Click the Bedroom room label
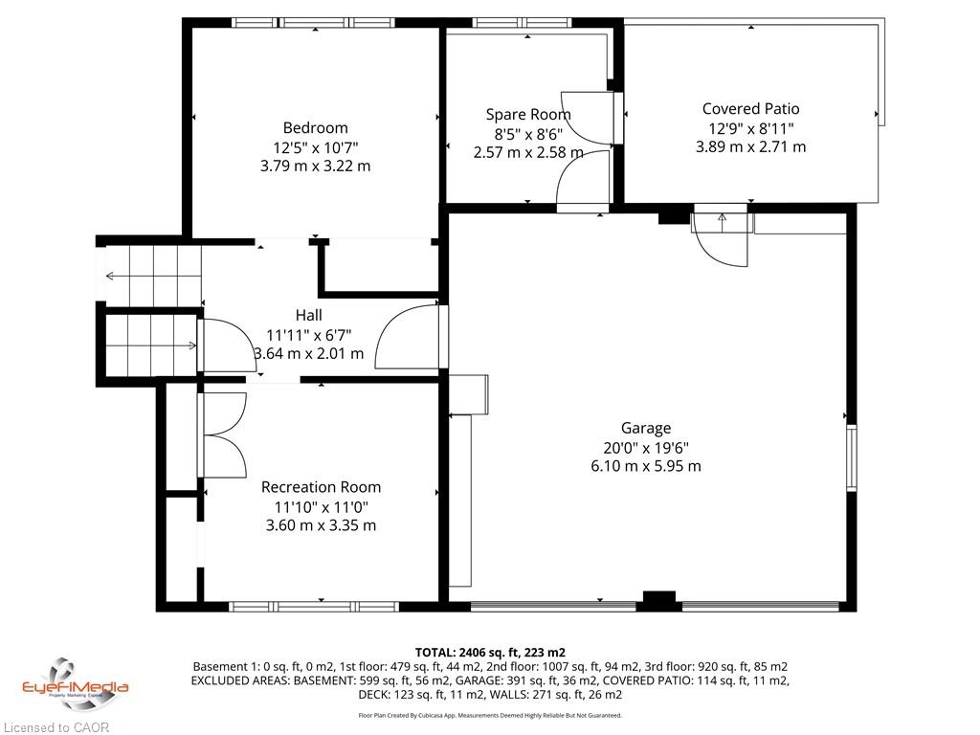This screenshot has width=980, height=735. click(x=315, y=128)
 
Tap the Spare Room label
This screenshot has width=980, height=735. click(x=528, y=115)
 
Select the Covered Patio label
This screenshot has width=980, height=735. click(x=750, y=109)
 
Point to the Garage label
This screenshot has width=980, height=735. click(x=646, y=428)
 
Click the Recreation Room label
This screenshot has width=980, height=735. click(x=321, y=487)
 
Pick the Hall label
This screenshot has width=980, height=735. click(x=309, y=315)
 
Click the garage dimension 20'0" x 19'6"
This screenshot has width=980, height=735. click(x=646, y=448)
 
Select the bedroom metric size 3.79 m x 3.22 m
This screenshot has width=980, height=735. click(x=315, y=167)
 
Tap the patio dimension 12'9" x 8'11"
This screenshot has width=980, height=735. click(x=750, y=128)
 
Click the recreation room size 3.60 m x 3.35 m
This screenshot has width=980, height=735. click(x=321, y=525)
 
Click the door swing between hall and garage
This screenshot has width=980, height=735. click(x=410, y=336)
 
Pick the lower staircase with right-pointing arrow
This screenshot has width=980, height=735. click(x=151, y=345)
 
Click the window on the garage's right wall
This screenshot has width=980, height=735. click(x=851, y=457)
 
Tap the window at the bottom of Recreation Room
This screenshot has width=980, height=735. click(x=314, y=606)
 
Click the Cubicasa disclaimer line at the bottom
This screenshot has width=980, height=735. click(x=490, y=715)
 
